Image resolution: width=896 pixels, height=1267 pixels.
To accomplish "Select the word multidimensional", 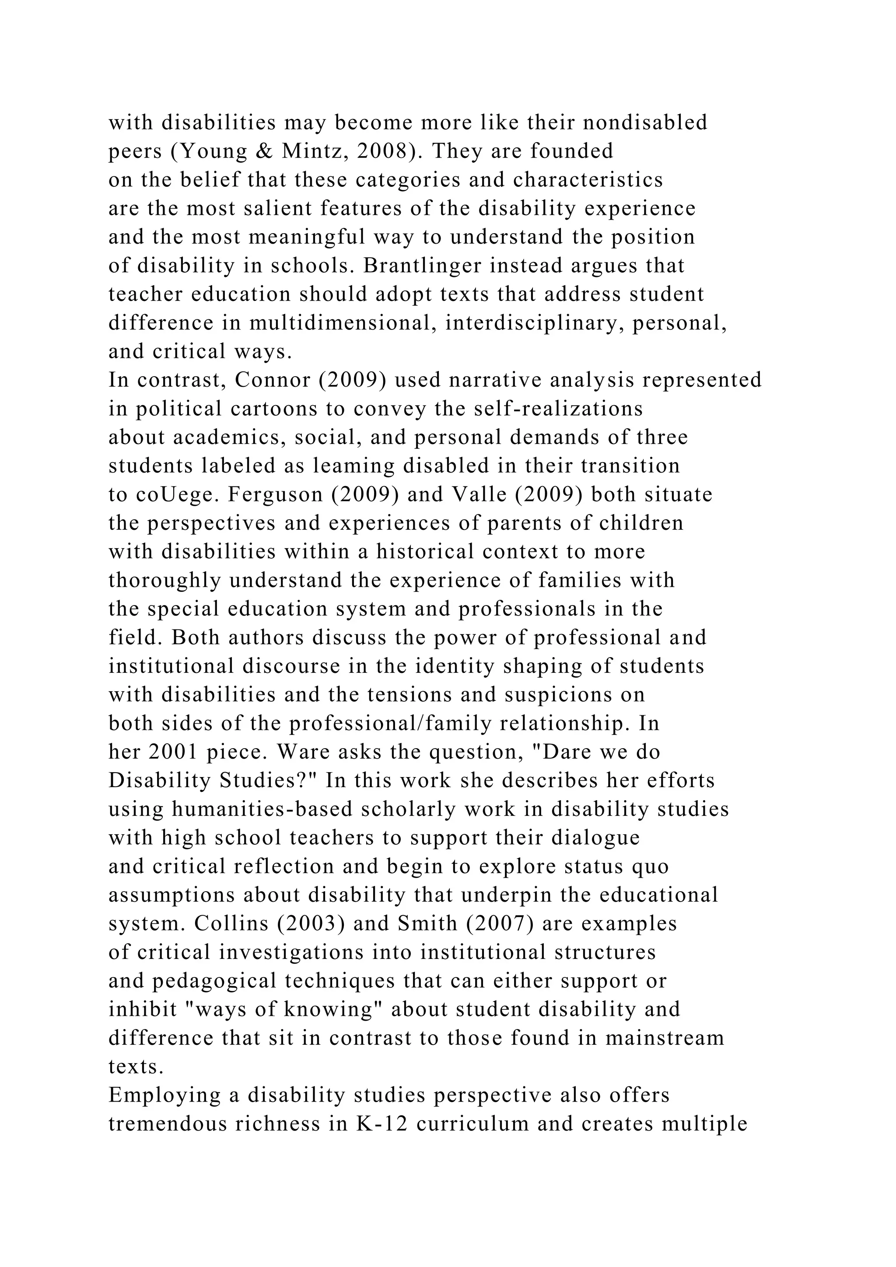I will coord(340,323).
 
